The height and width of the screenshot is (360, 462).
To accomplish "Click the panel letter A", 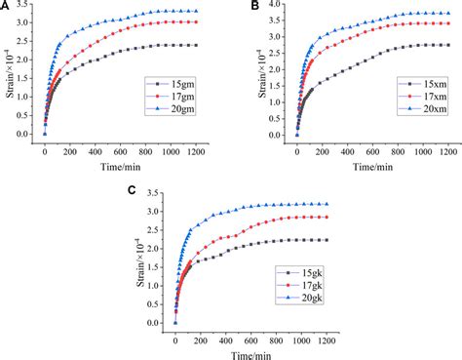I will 7,7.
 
